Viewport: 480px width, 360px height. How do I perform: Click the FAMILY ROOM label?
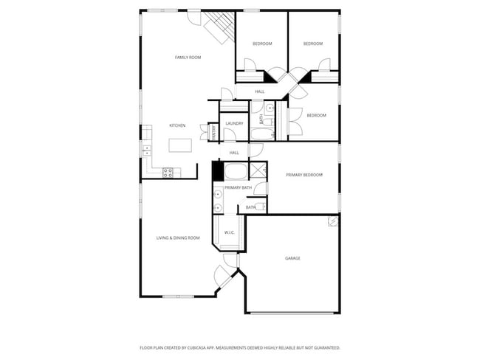pyautogui.click(x=188, y=57)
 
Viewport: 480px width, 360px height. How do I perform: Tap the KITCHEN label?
pyautogui.click(x=177, y=125)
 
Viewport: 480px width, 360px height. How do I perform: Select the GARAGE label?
pyautogui.click(x=292, y=258)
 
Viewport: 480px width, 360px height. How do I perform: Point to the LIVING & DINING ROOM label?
pyautogui.click(x=178, y=238)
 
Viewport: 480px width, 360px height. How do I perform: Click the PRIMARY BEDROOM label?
pyautogui.click(x=304, y=175)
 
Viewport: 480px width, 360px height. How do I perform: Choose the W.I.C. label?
pyautogui.click(x=229, y=232)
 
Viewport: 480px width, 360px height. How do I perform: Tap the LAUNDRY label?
pyautogui.click(x=235, y=123)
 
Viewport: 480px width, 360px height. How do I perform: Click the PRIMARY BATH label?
pyautogui.click(x=239, y=188)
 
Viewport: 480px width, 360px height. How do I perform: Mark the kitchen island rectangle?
pyautogui.click(x=180, y=145)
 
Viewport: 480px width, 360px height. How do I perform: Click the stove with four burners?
pyautogui.click(x=168, y=172)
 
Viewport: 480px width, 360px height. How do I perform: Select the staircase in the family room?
pyautogui.click(x=219, y=27)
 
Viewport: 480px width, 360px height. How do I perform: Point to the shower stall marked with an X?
pyautogui.click(x=258, y=171)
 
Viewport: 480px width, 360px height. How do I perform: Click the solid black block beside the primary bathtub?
pyautogui.click(x=218, y=171)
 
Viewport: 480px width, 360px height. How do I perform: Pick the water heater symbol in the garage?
pyautogui.click(x=333, y=221)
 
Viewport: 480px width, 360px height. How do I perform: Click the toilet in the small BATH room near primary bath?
pyautogui.click(x=260, y=207)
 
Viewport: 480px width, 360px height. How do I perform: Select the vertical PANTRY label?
pyautogui.click(x=213, y=133)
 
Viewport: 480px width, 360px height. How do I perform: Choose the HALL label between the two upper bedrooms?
pyautogui.click(x=260, y=91)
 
